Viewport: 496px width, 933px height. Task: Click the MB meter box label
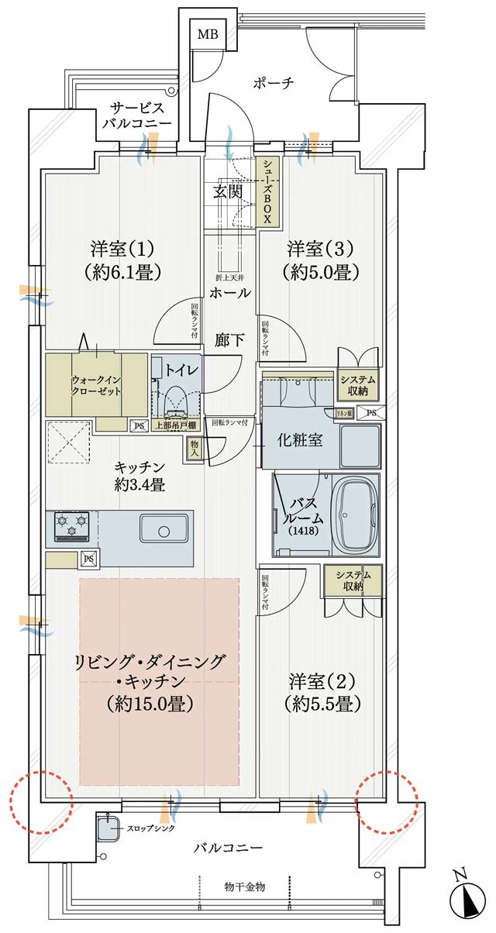pos(207,34)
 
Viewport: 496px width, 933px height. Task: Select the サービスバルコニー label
pos(136,116)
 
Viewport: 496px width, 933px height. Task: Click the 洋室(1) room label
pos(122,250)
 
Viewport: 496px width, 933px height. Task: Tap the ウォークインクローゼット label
pos(98,385)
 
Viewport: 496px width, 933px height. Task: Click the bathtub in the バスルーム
pos(357,515)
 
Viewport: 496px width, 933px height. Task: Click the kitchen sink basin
pos(164,530)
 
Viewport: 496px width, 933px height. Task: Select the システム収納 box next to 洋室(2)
pos(353,580)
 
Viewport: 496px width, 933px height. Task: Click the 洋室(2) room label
pos(322,682)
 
